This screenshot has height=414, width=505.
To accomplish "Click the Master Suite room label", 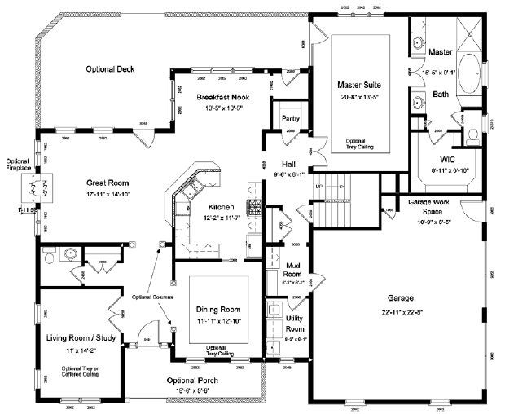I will pos(360,84).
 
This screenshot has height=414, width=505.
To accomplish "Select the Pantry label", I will pos(290,118).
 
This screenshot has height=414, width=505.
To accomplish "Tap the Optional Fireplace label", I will pos(18,164).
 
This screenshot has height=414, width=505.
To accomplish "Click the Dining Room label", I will pos(219,310).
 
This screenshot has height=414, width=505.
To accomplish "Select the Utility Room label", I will pos(295,320).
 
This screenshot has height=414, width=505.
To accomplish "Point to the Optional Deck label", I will pos(116,69).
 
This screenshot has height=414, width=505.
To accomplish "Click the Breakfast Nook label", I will pos(222,98).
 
